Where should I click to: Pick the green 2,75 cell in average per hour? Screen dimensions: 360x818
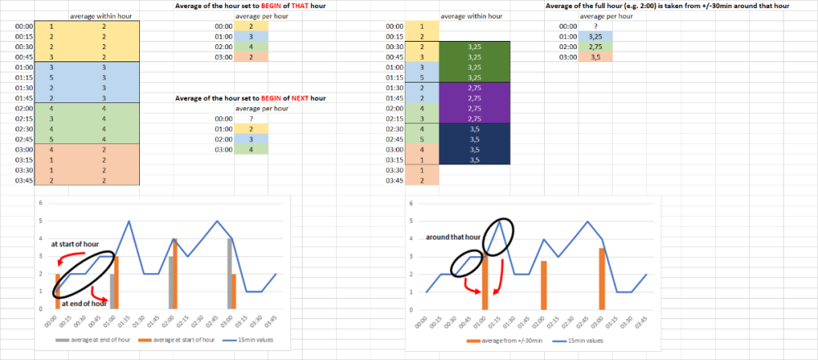(594, 47)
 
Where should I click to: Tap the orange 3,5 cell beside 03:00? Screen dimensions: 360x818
(594, 58)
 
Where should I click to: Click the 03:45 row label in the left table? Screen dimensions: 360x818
(25, 180)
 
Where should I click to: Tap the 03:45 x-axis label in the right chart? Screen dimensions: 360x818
(645, 321)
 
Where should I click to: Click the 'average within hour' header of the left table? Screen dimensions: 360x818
(106, 16)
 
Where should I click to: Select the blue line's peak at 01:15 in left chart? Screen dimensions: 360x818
(129, 221)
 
